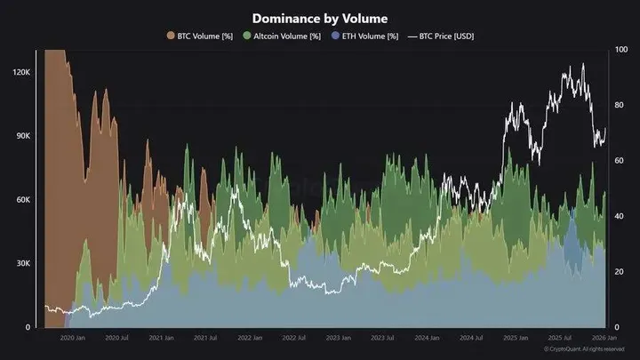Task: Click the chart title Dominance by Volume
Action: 319,18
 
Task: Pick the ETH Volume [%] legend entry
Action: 366,36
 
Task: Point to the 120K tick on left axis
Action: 21,71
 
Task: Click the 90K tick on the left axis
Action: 22,136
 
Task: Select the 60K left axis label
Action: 22,200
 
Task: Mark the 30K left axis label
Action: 22,264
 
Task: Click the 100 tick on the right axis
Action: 621,50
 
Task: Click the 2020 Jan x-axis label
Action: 73,338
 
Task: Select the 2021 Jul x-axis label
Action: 205,338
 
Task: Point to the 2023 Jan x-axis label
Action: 339,338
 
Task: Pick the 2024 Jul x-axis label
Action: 471,338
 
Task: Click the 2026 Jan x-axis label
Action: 604,338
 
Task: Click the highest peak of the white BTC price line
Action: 582,64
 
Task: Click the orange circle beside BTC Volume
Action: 171,36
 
